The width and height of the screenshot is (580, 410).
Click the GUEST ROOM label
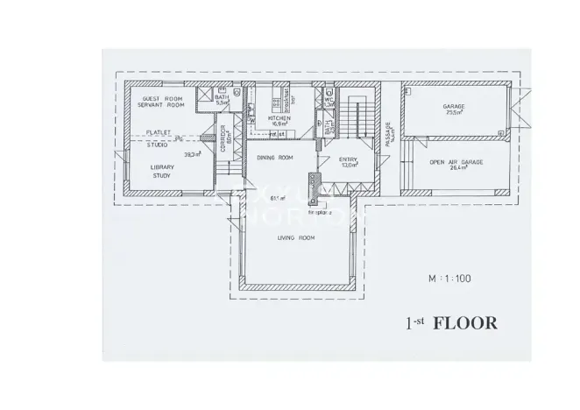coord(162,99)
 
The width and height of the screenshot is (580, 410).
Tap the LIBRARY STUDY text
coord(161,171)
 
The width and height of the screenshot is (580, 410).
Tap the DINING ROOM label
coord(273,158)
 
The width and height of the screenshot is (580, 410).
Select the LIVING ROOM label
coord(295,237)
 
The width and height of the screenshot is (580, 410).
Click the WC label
coord(329,98)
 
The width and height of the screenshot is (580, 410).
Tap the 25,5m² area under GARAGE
coord(453,114)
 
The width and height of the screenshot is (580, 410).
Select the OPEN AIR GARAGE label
coord(453,162)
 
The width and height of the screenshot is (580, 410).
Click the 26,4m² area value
coord(453,170)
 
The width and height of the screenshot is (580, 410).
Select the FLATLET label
coord(159,131)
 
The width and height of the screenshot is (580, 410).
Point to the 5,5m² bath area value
coord(222,103)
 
